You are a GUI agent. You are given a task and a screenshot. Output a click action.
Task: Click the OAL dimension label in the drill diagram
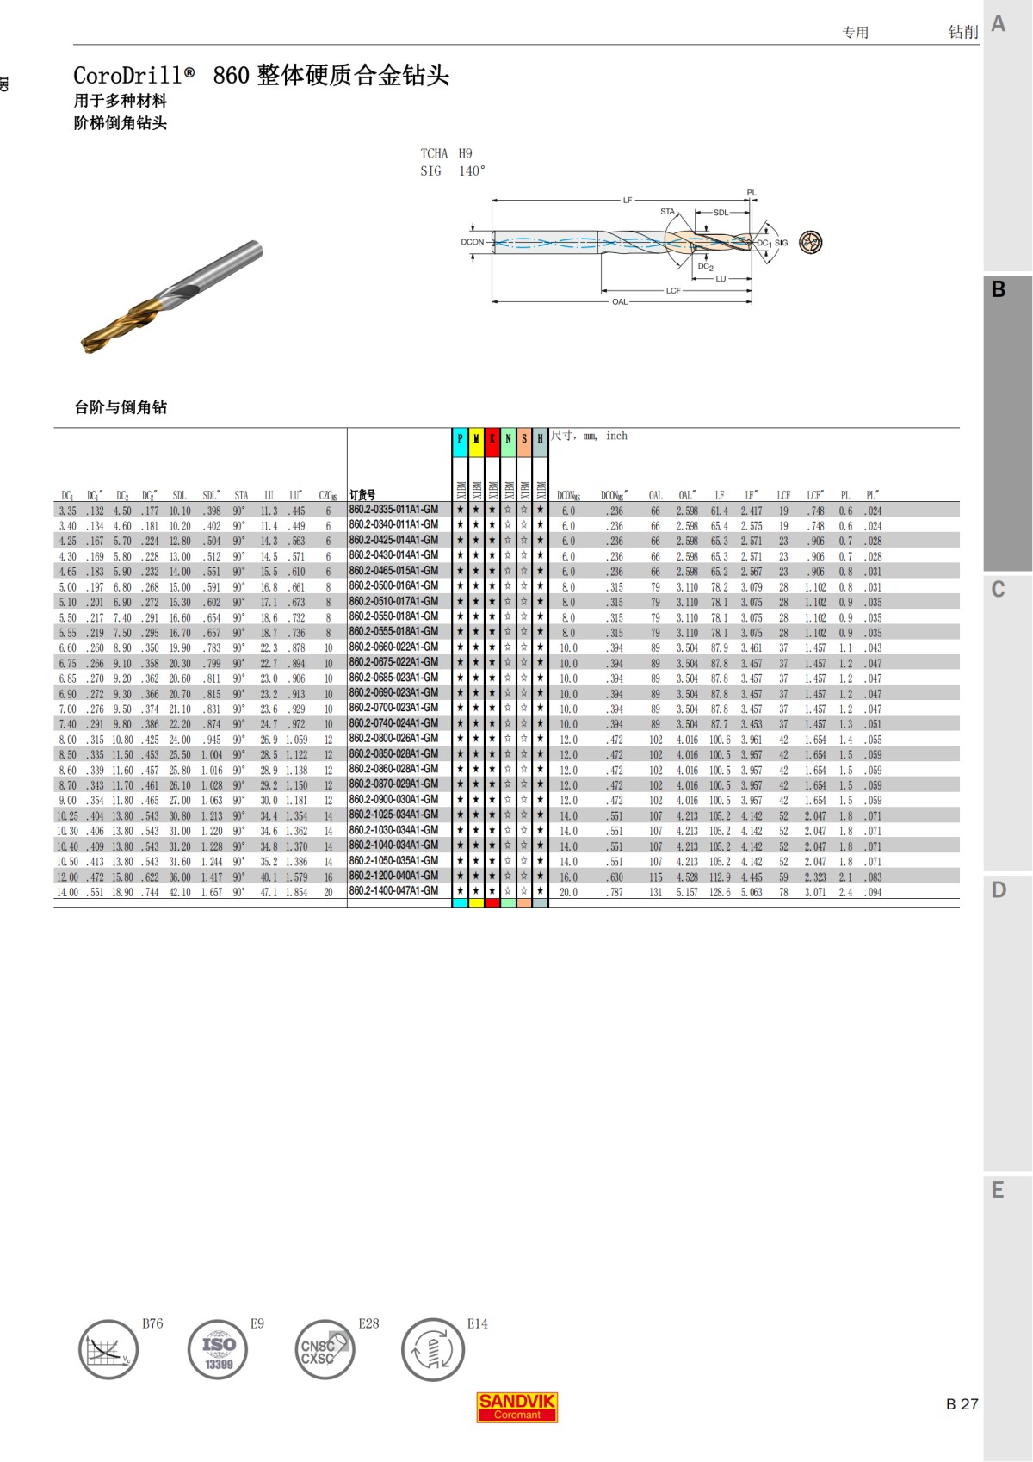pos(620,302)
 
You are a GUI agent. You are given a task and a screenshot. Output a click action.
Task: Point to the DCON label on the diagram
pos(472,242)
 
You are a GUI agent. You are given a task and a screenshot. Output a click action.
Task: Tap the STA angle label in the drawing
pos(667,211)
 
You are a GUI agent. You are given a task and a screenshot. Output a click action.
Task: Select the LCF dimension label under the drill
pos(673,291)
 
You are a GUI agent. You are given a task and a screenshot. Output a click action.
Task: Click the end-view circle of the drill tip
pos(810,242)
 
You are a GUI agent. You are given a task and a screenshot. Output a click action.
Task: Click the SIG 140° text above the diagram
pos(453,171)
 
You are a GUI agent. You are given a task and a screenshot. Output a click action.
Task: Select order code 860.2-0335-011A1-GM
pos(393,510)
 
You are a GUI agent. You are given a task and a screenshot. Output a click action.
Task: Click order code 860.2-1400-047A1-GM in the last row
pos(393,891)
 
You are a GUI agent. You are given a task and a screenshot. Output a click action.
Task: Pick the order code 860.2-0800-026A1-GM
pos(393,739)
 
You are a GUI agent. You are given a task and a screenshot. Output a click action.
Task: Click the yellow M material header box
pos(476,439)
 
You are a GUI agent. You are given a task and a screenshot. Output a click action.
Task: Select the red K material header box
pos(492,439)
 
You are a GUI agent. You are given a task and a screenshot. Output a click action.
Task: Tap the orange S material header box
pos(524,439)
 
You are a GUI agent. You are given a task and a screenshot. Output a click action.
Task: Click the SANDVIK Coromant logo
pos(517,1407)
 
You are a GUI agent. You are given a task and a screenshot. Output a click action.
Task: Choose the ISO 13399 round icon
pos(218,1349)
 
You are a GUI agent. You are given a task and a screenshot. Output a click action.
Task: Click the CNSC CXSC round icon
pos(325,1349)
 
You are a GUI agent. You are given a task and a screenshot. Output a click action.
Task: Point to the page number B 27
pos(962,1404)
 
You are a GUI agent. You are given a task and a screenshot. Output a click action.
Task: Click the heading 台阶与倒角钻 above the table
pos(121,407)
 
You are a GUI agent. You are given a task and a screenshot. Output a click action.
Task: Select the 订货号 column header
pos(362,495)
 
